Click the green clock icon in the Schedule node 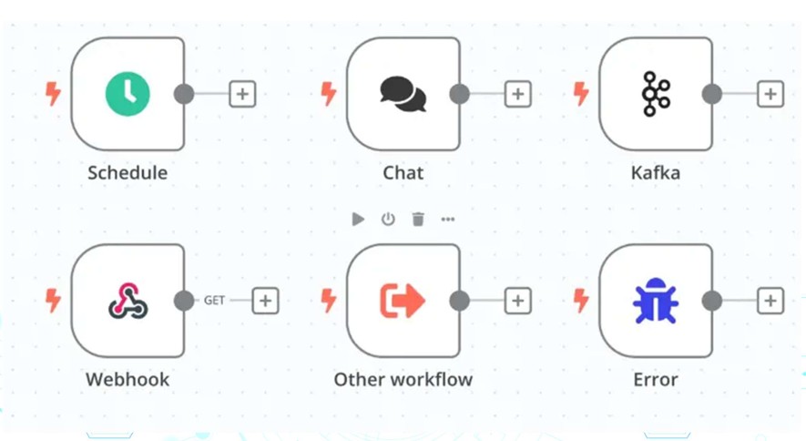pyautogui.click(x=128, y=94)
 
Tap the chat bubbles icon pyautogui.click(x=403, y=94)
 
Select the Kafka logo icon pyautogui.click(x=656, y=94)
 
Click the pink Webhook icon pyautogui.click(x=128, y=300)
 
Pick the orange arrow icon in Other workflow pyautogui.click(x=403, y=301)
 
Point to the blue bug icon pyautogui.click(x=656, y=301)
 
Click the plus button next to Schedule pyautogui.click(x=242, y=94)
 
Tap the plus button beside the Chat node pyautogui.click(x=517, y=94)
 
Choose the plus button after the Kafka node pyautogui.click(x=770, y=94)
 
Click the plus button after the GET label pyautogui.click(x=265, y=301)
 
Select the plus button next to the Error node pyautogui.click(x=770, y=301)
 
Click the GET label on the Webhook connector pyautogui.click(x=214, y=300)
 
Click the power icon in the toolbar pyautogui.click(x=388, y=220)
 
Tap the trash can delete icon pyautogui.click(x=418, y=220)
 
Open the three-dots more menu pyautogui.click(x=448, y=220)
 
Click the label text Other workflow pyautogui.click(x=403, y=379)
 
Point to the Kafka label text pyautogui.click(x=656, y=173)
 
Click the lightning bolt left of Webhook pyautogui.click(x=53, y=301)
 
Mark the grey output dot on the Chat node pyautogui.click(x=460, y=94)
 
